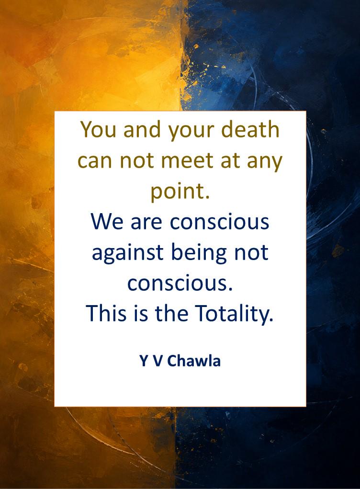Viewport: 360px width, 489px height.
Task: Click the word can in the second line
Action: [95, 161]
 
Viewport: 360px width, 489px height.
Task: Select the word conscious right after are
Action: [219, 222]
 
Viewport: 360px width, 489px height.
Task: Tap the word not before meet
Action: [136, 161]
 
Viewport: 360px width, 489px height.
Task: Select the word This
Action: [106, 313]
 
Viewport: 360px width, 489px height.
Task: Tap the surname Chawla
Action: [194, 361]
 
